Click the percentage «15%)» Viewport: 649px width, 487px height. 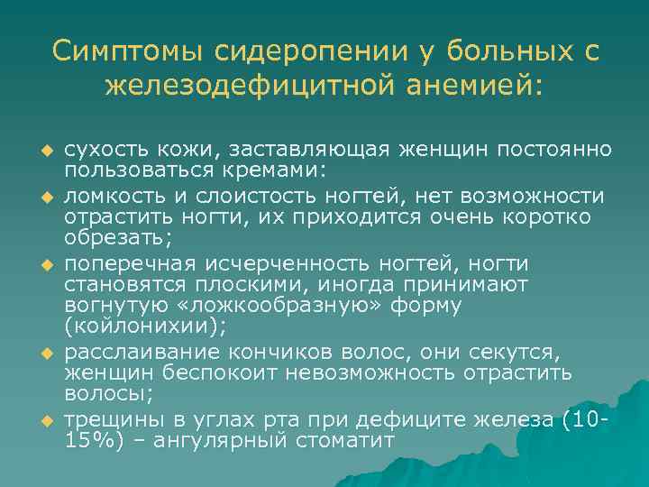coord(93,440)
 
